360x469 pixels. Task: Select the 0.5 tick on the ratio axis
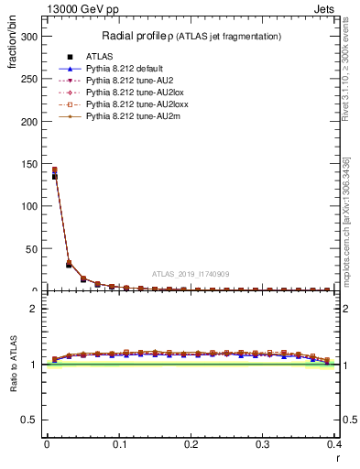coord(30,420)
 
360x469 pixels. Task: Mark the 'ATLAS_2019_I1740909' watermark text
coord(191,274)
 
